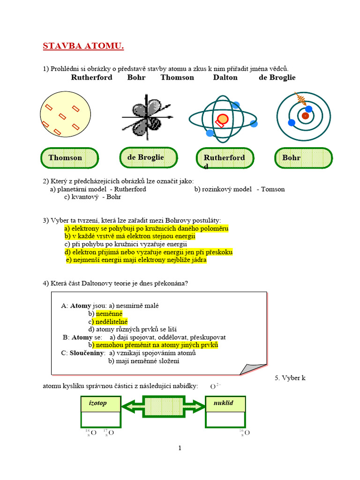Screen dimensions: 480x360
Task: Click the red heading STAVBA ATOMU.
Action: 83,46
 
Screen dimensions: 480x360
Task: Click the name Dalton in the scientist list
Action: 225,77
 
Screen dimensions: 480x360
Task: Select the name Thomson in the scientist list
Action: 177,77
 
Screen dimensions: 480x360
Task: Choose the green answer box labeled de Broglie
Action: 148,157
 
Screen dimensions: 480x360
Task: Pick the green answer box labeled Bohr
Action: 303,158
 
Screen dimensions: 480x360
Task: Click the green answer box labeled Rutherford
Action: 226,158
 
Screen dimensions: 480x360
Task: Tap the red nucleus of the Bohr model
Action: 305,115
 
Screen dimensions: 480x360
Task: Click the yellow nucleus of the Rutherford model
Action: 223,119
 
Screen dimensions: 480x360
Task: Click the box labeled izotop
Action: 100,404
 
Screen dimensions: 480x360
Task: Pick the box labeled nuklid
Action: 225,404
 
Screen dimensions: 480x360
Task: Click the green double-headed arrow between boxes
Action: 163,404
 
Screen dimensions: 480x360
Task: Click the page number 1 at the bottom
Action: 180,448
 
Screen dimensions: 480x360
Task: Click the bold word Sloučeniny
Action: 86,352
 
